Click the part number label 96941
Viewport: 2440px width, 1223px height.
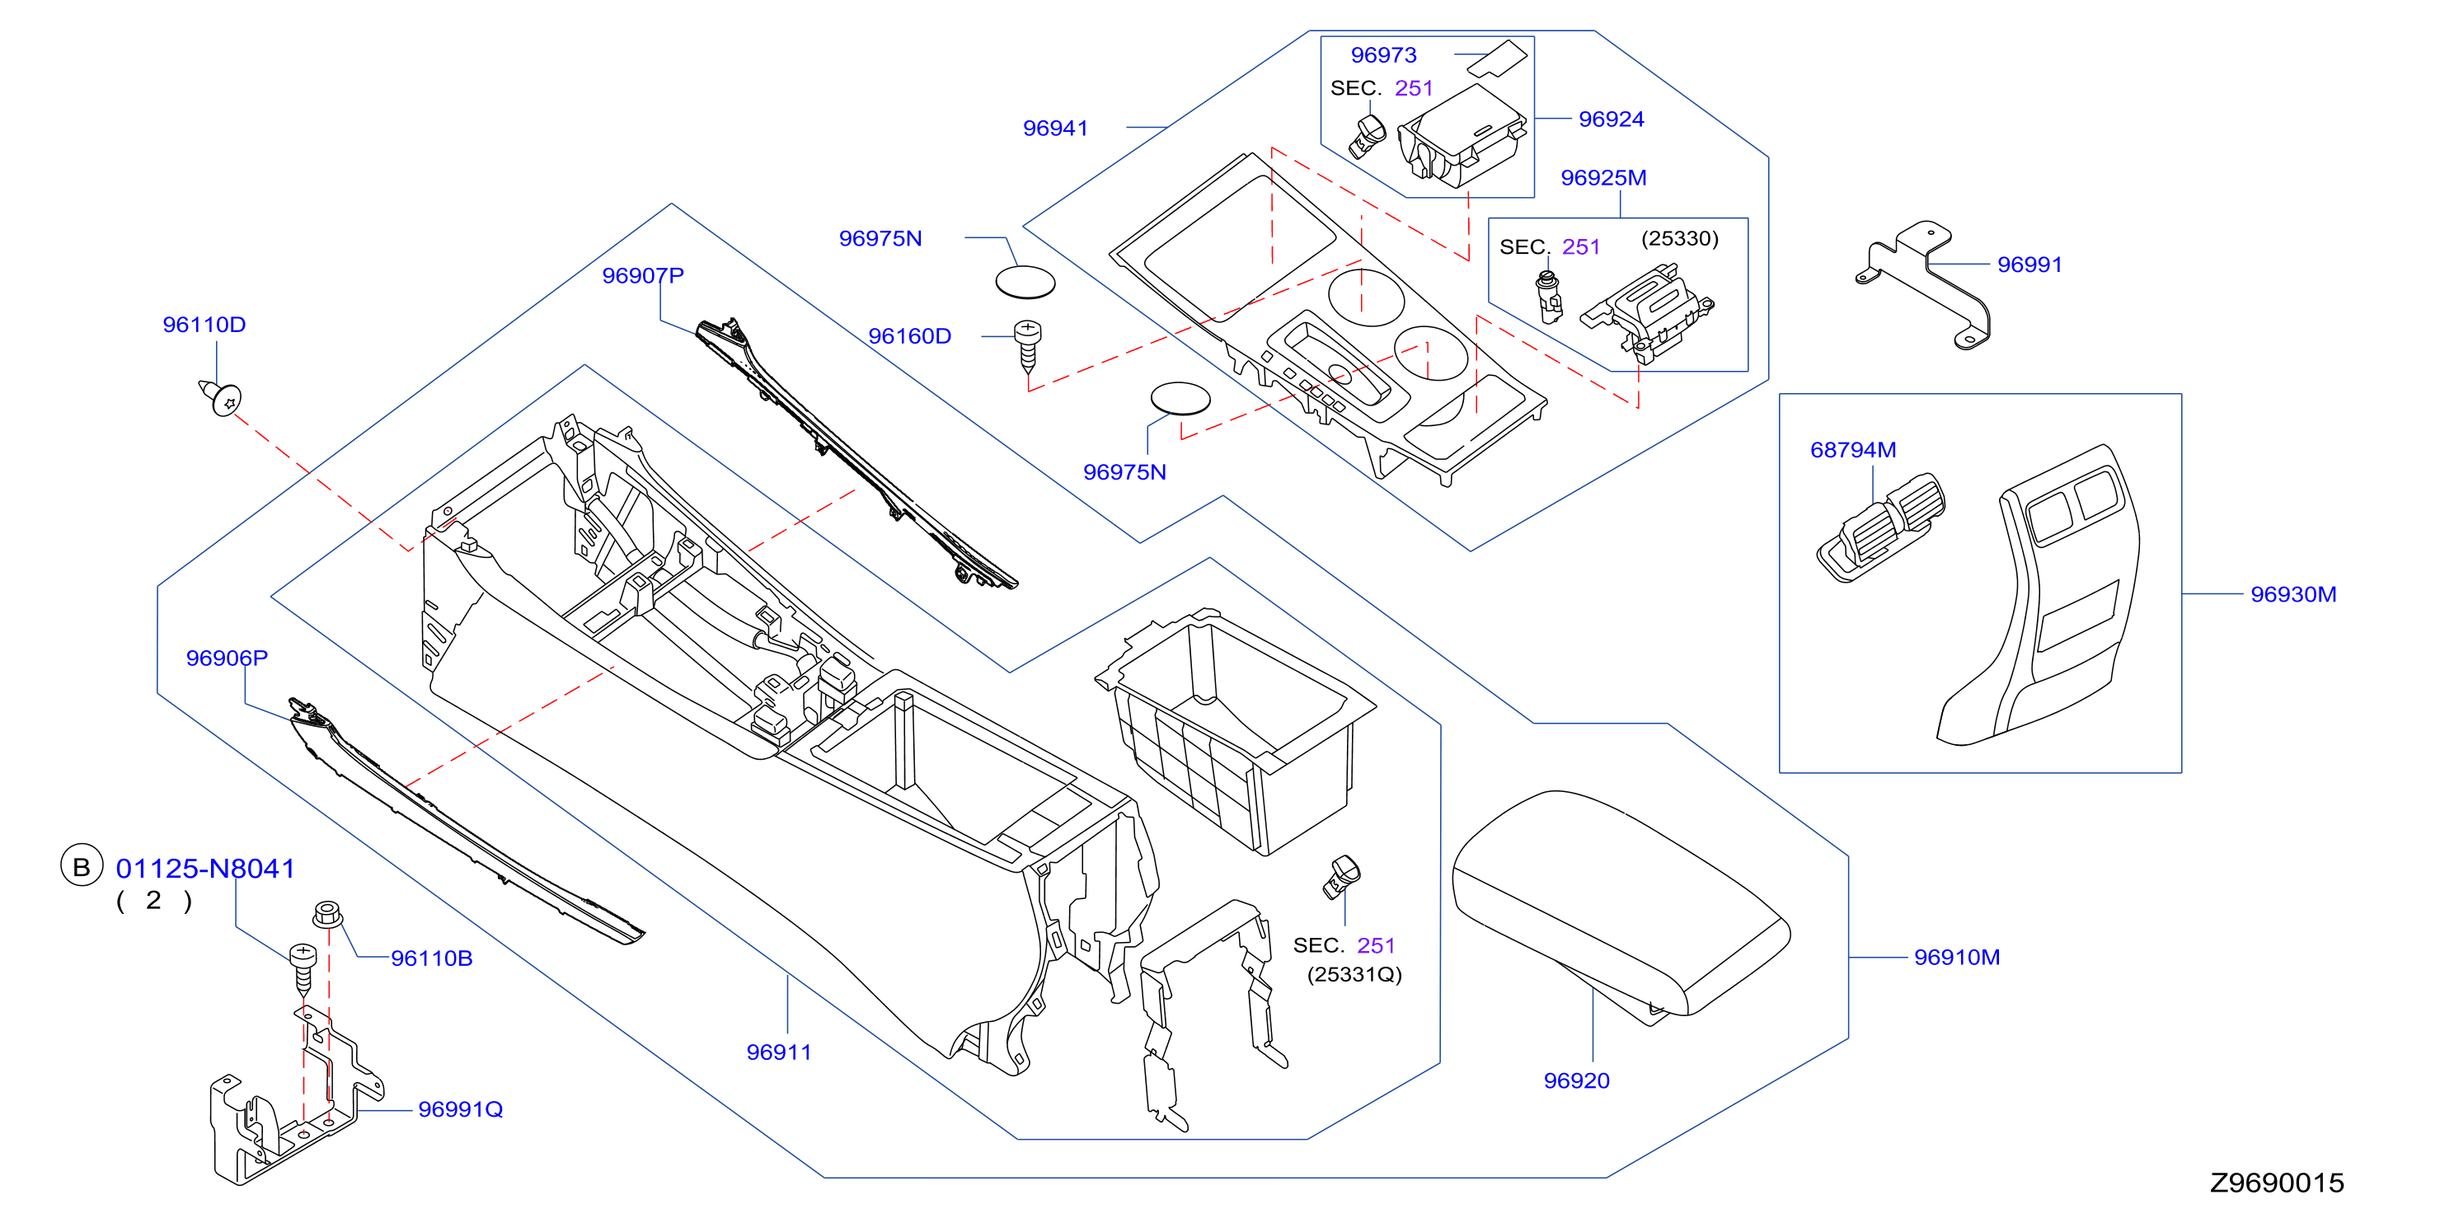(x=1055, y=128)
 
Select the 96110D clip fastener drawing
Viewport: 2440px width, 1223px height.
(x=221, y=397)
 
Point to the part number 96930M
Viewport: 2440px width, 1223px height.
(x=2293, y=594)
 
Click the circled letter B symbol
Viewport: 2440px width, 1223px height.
(x=82, y=866)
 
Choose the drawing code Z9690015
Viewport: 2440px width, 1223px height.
(x=2277, y=1183)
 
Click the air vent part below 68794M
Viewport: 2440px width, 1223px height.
(x=1880, y=527)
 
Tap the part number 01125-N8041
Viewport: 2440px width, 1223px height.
(x=205, y=868)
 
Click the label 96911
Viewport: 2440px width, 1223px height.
(x=779, y=1052)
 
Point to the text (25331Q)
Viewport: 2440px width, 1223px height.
(x=1354, y=974)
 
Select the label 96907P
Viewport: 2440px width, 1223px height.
(x=642, y=276)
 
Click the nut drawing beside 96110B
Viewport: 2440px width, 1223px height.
(x=328, y=915)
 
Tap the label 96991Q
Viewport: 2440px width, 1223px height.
(x=460, y=1109)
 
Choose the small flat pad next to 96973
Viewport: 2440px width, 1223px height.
(x=1498, y=59)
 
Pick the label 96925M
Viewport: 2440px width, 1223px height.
(x=1603, y=177)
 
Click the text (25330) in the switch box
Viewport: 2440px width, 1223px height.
(x=1679, y=238)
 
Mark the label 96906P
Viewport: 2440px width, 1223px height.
(x=227, y=658)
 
